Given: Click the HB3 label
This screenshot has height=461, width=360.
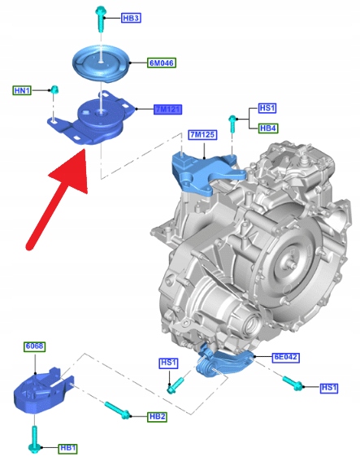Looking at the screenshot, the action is click(x=131, y=18).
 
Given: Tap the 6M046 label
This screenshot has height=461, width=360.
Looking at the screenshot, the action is click(x=162, y=63).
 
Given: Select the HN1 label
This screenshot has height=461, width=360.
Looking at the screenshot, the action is click(x=22, y=90).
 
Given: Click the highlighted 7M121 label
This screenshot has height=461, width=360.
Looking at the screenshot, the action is click(x=168, y=110).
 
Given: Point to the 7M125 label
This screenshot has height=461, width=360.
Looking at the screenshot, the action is click(x=202, y=135).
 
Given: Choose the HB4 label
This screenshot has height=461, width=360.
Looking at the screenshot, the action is click(x=268, y=128).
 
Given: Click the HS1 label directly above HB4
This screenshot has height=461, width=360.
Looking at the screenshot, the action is click(x=267, y=108).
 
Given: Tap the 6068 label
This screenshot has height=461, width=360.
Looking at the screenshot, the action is click(x=35, y=346).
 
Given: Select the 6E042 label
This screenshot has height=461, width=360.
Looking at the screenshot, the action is click(x=286, y=357).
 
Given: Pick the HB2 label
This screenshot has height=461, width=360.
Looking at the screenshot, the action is click(x=157, y=416).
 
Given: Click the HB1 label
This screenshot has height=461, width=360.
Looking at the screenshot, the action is click(x=68, y=448).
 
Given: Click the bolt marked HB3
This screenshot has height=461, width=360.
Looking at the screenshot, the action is click(x=100, y=19).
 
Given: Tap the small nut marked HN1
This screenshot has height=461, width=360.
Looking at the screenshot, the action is click(x=54, y=89).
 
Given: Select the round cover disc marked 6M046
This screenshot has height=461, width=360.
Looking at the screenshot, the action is click(x=101, y=63).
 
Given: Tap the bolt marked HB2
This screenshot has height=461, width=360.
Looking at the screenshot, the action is click(x=118, y=410).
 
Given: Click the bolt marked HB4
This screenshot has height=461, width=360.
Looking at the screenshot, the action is click(x=232, y=124).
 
